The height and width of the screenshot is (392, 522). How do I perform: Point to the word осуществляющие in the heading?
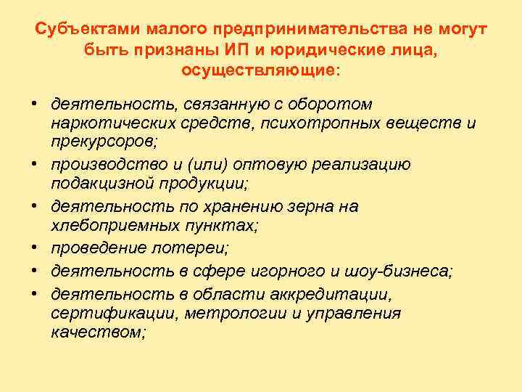258,73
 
